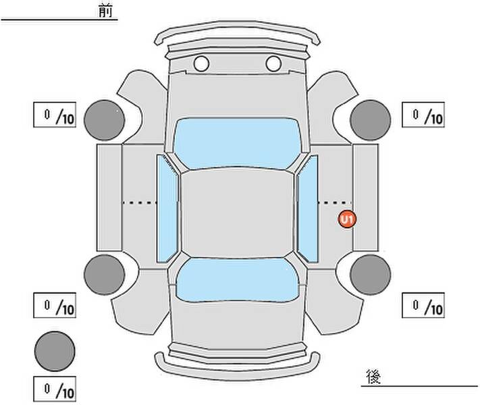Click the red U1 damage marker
[x=347, y=219]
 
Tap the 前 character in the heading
[x=105, y=11]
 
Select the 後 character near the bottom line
[x=373, y=377]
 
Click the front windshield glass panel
[x=237, y=143]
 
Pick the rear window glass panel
[x=238, y=279]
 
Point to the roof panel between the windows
[x=237, y=213]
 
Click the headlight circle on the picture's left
[x=201, y=63]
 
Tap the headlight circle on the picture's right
[x=273, y=63]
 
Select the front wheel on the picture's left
[x=105, y=120]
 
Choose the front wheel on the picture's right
[x=371, y=120]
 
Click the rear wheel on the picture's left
[x=105, y=275]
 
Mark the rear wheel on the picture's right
[x=371, y=275]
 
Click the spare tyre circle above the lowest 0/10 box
[x=55, y=351]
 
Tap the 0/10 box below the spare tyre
[x=55, y=389]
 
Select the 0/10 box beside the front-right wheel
[x=423, y=115]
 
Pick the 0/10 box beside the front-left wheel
[x=55, y=115]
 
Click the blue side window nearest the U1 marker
[x=308, y=209]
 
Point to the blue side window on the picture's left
[x=167, y=209]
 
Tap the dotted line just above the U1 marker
[x=334, y=202]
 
